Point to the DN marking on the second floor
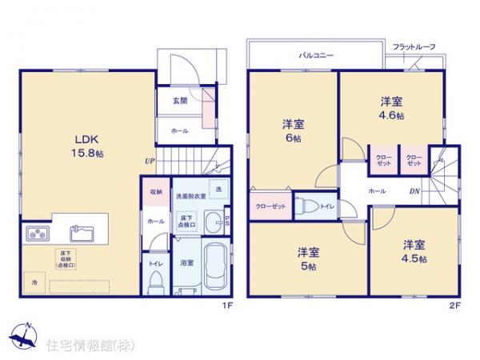pos(415,192)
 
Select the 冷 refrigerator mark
pos(34,283)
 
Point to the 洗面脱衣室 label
pos(191,196)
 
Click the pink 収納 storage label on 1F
pos(155,193)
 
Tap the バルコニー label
pos(317,55)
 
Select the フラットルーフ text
pos(414,48)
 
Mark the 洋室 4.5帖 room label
pos(414,252)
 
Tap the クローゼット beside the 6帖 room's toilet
pos(268,206)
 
